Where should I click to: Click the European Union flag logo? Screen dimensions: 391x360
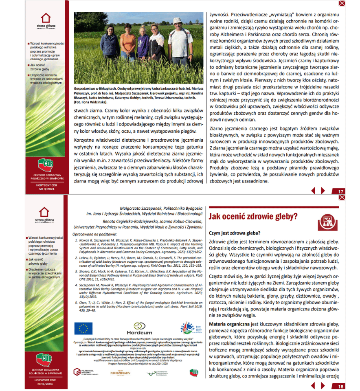[83, 328]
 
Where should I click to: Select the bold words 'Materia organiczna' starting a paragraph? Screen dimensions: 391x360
[226, 324]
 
